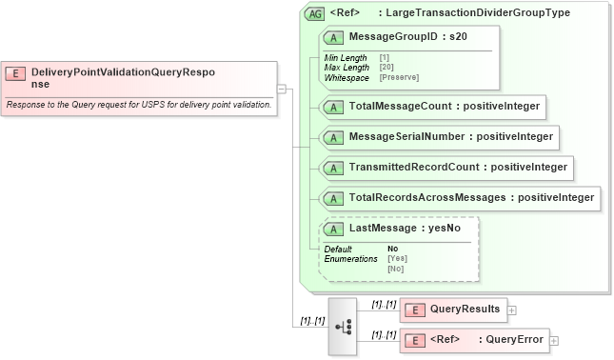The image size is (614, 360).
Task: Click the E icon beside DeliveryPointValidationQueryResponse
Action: (15, 72)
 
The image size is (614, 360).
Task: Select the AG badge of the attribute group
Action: (315, 14)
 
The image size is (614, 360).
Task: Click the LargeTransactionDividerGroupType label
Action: (487, 14)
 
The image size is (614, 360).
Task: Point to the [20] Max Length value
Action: (387, 67)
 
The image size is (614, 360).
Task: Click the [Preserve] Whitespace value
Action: (399, 76)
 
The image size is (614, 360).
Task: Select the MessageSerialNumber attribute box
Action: (439, 136)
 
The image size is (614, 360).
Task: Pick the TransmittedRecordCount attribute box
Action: (446, 168)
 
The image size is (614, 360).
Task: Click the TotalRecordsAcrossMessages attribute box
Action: (460, 198)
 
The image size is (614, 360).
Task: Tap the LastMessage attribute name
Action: (379, 229)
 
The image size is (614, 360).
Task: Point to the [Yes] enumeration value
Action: (397, 258)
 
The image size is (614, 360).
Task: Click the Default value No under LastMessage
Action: (392, 249)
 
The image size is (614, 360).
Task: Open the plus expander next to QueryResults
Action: (512, 310)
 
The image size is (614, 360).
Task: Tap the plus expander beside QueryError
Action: (554, 340)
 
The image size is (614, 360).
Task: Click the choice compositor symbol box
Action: (343, 326)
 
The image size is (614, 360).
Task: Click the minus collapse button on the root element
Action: (282, 89)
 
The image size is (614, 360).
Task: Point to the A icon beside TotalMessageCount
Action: (334, 106)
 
